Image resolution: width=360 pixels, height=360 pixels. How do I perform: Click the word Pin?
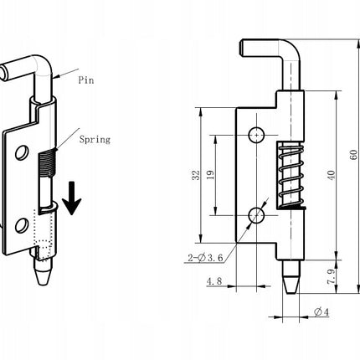[86, 80]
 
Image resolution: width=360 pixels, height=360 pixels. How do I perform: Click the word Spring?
[95, 139]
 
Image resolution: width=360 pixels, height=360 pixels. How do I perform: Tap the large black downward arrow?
[72, 198]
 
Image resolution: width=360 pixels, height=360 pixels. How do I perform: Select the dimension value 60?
[353, 155]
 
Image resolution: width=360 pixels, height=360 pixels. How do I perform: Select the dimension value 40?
[332, 175]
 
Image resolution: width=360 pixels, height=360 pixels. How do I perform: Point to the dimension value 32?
[196, 175]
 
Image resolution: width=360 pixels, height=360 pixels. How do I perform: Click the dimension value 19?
[211, 175]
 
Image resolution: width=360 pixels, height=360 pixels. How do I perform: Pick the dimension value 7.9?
[332, 276]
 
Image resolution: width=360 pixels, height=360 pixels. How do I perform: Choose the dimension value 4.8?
[214, 281]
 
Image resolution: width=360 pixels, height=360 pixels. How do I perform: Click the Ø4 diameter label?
[321, 311]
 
